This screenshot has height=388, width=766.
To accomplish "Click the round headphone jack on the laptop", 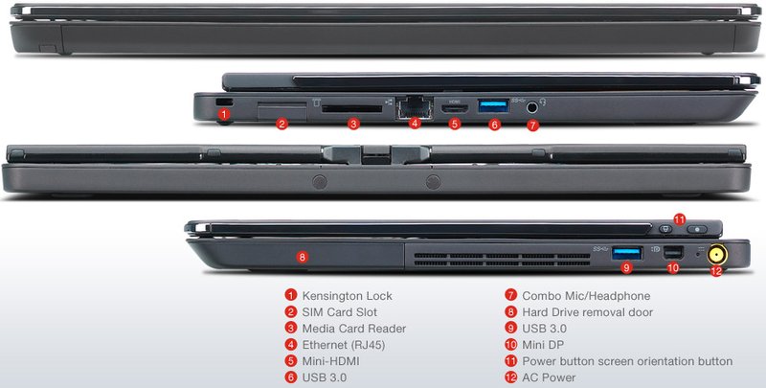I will (532, 108).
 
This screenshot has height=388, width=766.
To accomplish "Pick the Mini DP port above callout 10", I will (672, 253).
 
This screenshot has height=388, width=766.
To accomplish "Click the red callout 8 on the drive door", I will (303, 257).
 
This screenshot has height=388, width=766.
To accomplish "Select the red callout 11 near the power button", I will (680, 219).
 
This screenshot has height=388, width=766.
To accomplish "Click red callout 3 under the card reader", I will (353, 123).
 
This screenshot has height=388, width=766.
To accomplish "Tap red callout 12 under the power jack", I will (715, 271).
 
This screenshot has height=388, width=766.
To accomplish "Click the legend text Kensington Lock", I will (347, 296).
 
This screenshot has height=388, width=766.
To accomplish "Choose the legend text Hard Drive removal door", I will (586, 312).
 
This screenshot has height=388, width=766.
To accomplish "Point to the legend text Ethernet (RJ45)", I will (343, 345).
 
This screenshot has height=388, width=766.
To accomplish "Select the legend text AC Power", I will (549, 377).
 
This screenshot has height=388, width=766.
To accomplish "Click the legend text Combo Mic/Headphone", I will (586, 296).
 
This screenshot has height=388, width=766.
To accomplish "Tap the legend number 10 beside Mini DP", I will (511, 345).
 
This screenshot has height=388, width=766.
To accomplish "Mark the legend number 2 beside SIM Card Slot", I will (290, 312).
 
